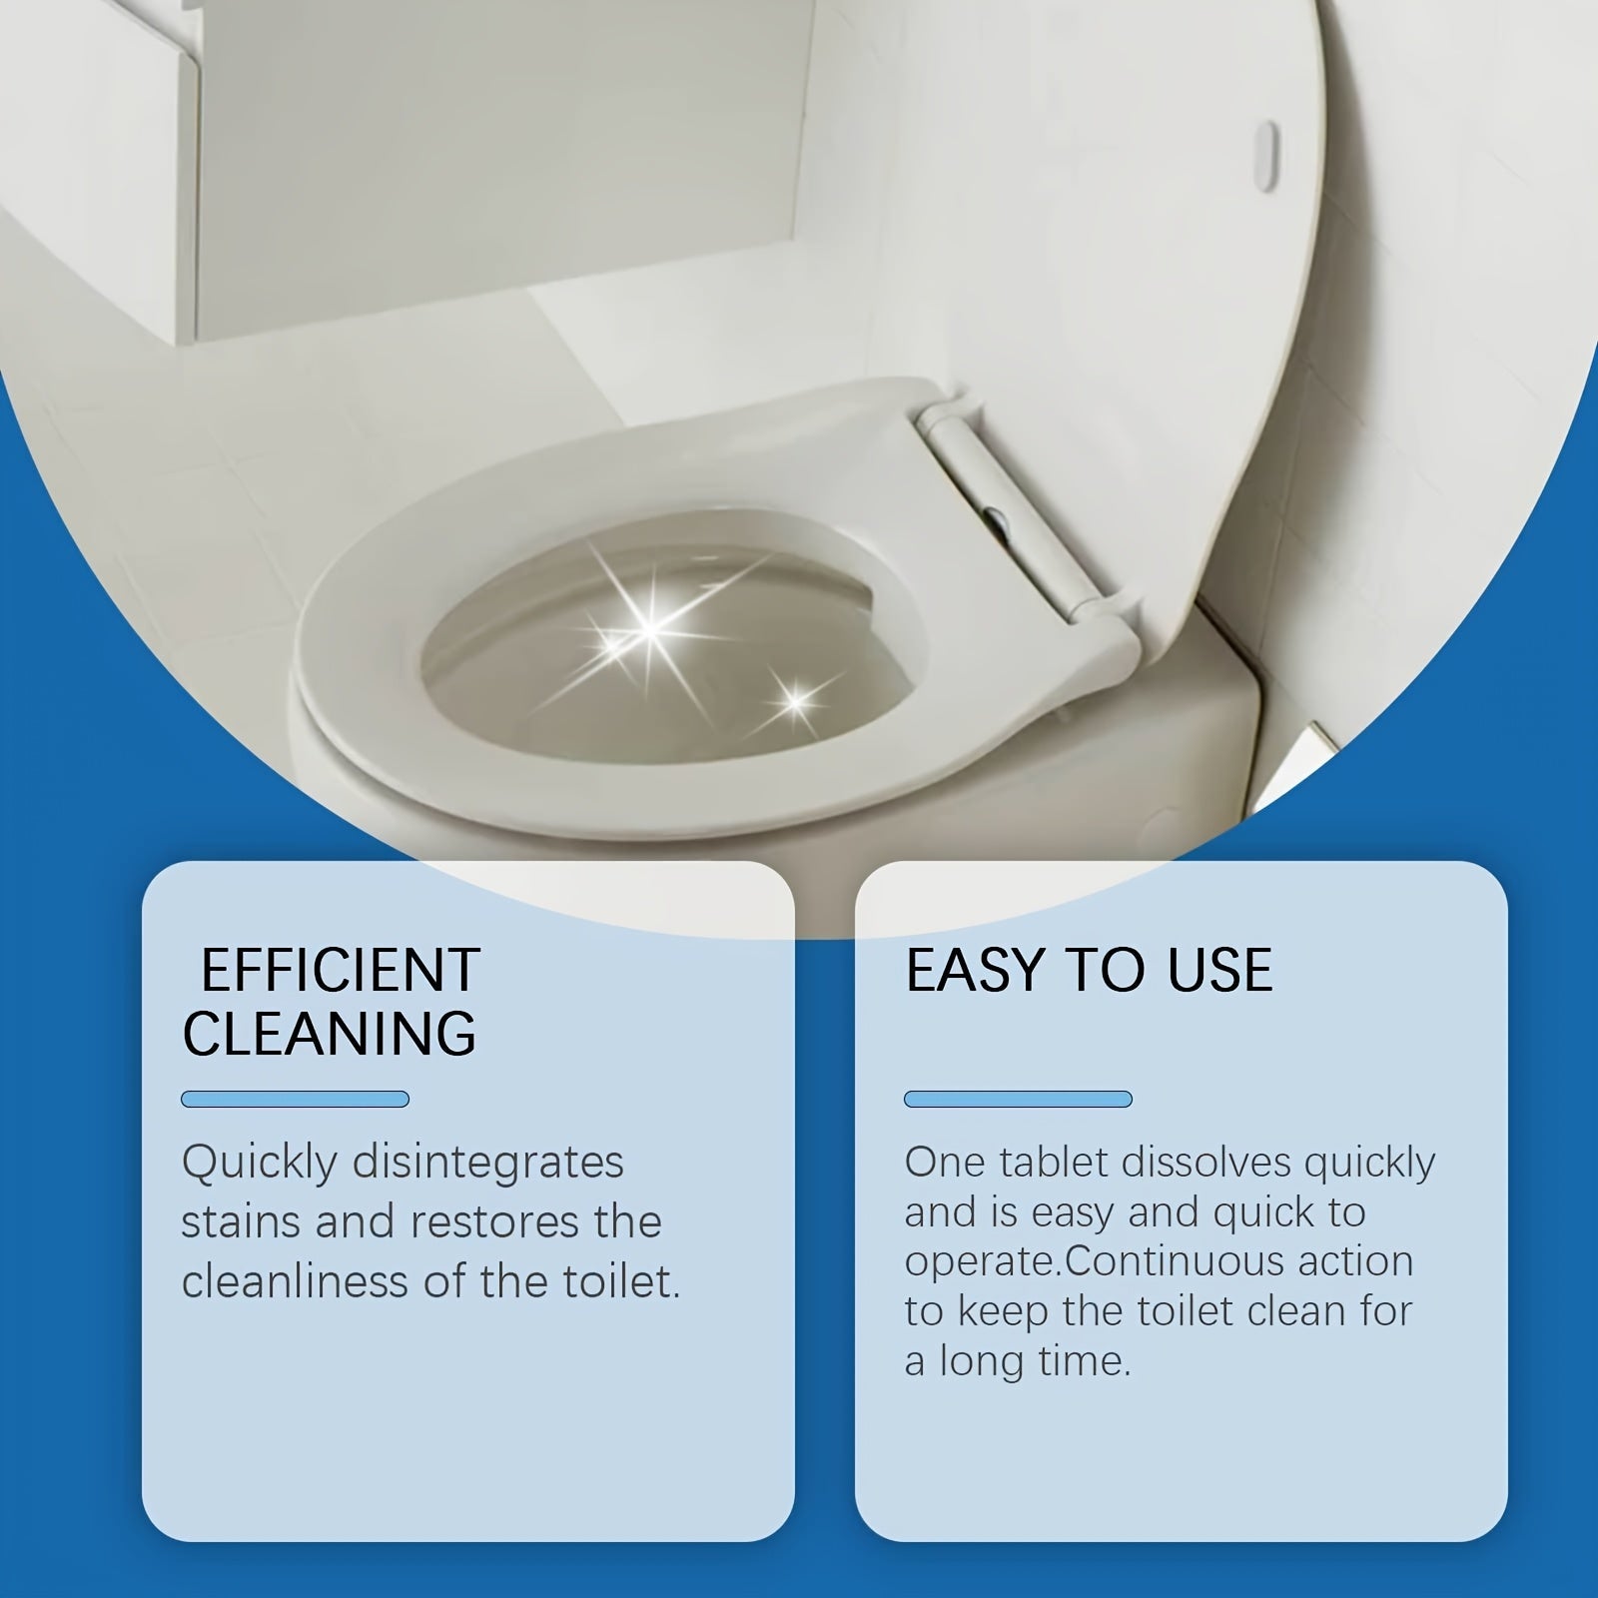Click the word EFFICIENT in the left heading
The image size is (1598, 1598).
pos(341,970)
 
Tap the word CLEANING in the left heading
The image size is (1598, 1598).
pos(330,1033)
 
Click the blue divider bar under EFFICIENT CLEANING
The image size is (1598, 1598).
pos(295,1100)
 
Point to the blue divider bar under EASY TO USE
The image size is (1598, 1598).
pos(1018,1100)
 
